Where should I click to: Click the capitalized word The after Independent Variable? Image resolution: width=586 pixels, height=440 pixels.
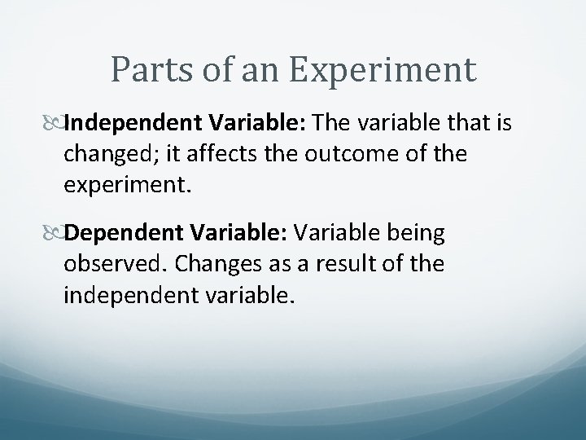[330, 122]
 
